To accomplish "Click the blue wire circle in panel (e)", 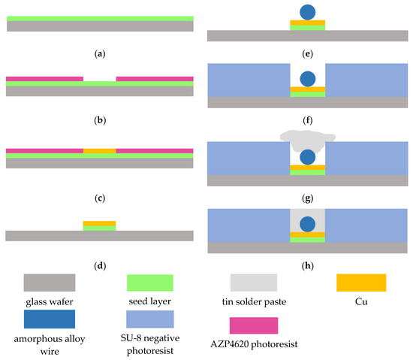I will [307, 13].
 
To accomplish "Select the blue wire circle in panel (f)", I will [307, 79].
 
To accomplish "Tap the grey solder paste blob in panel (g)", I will [305, 137].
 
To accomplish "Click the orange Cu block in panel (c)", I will [99, 151].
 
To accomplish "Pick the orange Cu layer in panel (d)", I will [99, 222].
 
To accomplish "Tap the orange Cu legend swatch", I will [360, 283].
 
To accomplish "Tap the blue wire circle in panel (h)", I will [307, 223].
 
